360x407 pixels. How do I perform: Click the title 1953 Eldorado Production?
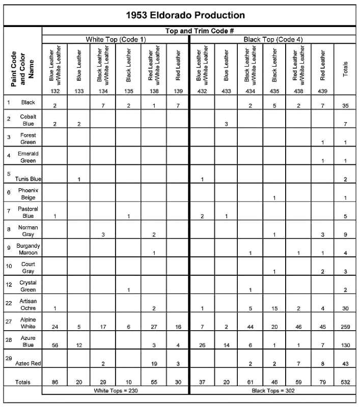click(185, 15)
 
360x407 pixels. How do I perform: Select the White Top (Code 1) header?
click(116, 39)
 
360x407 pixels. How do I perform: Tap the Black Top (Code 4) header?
click(273, 39)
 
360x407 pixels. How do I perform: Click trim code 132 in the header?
click(54, 91)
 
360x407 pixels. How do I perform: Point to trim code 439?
click(322, 91)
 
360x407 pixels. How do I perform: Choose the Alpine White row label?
click(28, 323)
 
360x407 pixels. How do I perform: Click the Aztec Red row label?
click(28, 364)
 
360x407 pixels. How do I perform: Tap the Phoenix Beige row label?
click(28, 194)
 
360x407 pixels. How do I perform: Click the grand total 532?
click(346, 382)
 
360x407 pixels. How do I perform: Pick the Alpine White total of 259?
click(346, 327)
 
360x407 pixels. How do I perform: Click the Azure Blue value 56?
click(54, 345)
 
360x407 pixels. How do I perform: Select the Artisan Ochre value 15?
click(274, 308)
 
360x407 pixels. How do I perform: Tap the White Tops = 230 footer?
click(116, 390)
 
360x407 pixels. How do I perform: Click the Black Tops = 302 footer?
click(273, 390)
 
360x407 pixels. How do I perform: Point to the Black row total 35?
click(346, 106)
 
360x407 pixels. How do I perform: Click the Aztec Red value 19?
click(153, 364)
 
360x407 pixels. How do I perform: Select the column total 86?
click(54, 382)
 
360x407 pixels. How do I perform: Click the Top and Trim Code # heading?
click(200, 31)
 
